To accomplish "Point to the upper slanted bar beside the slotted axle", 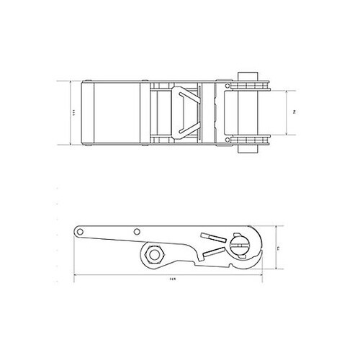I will pyautogui.click(x=212, y=238).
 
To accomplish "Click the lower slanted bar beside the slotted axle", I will pyautogui.click(x=214, y=253).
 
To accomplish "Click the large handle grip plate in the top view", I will pyautogui.click(x=115, y=113).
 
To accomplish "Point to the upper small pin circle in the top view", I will pyautogui.click(x=228, y=87).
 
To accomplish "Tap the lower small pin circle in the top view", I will pyautogui.click(x=228, y=140).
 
